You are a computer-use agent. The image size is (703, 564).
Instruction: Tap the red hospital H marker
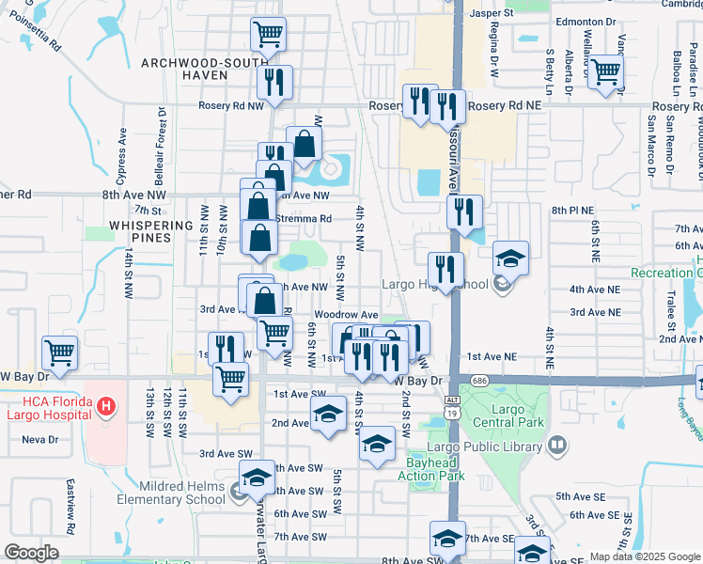[x=107, y=407]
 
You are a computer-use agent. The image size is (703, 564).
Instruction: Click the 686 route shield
[x=480, y=381]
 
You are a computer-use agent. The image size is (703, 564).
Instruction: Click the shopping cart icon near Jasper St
[x=269, y=35]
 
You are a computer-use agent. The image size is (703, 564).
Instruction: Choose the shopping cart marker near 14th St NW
[x=59, y=353]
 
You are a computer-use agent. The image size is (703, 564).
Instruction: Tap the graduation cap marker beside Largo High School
[x=510, y=258]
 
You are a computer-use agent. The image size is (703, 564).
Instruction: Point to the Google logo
[x=32, y=553]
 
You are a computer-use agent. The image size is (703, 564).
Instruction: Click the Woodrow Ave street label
[x=346, y=315]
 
